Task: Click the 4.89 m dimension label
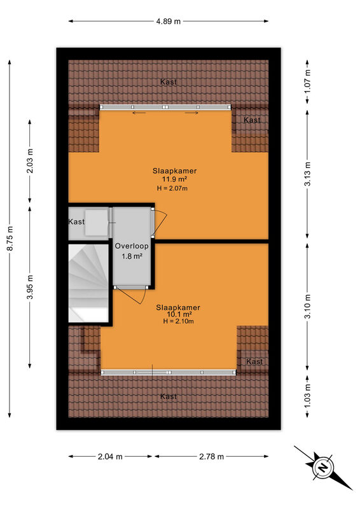[x=168, y=22]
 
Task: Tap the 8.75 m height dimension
[x=10, y=238]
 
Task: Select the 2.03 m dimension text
[x=30, y=161]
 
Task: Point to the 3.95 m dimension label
[x=30, y=288]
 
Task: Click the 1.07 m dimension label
[x=307, y=81]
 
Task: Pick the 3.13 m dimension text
[x=307, y=174]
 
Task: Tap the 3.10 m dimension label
[x=307, y=307]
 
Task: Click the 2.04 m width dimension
[x=110, y=456]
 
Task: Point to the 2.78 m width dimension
[x=211, y=456]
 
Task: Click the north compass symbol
[x=323, y=468]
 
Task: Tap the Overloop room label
[x=132, y=246]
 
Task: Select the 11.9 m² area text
[x=175, y=179]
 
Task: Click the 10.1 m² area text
[x=179, y=314]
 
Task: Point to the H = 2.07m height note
[x=172, y=188]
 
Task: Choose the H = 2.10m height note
[x=178, y=321]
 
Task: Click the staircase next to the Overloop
[x=88, y=283]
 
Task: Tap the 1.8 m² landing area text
[x=132, y=256]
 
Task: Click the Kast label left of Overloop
[x=76, y=221]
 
